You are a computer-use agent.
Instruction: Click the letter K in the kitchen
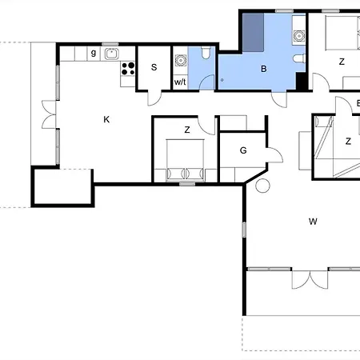(106, 119)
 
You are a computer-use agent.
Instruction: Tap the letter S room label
(154, 67)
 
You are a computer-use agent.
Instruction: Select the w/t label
(180, 82)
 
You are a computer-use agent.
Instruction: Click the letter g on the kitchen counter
(94, 53)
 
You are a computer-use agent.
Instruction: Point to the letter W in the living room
(313, 222)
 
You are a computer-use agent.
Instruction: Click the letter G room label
(243, 150)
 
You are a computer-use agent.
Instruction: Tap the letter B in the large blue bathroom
(264, 69)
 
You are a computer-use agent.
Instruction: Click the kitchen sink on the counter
(111, 54)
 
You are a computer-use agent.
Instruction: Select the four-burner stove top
(128, 69)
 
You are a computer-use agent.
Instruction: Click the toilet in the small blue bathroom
(206, 53)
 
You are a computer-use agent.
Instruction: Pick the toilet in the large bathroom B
(299, 58)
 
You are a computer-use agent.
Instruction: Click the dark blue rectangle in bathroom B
(253, 32)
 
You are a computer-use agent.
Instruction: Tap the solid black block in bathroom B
(301, 81)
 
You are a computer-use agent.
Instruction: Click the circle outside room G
(262, 186)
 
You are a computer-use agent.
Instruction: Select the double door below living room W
(310, 279)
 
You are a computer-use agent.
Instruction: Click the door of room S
(154, 98)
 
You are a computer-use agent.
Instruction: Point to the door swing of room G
(274, 154)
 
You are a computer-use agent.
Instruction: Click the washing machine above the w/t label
(181, 61)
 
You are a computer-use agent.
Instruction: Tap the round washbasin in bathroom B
(299, 35)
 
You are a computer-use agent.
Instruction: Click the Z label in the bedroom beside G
(187, 130)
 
